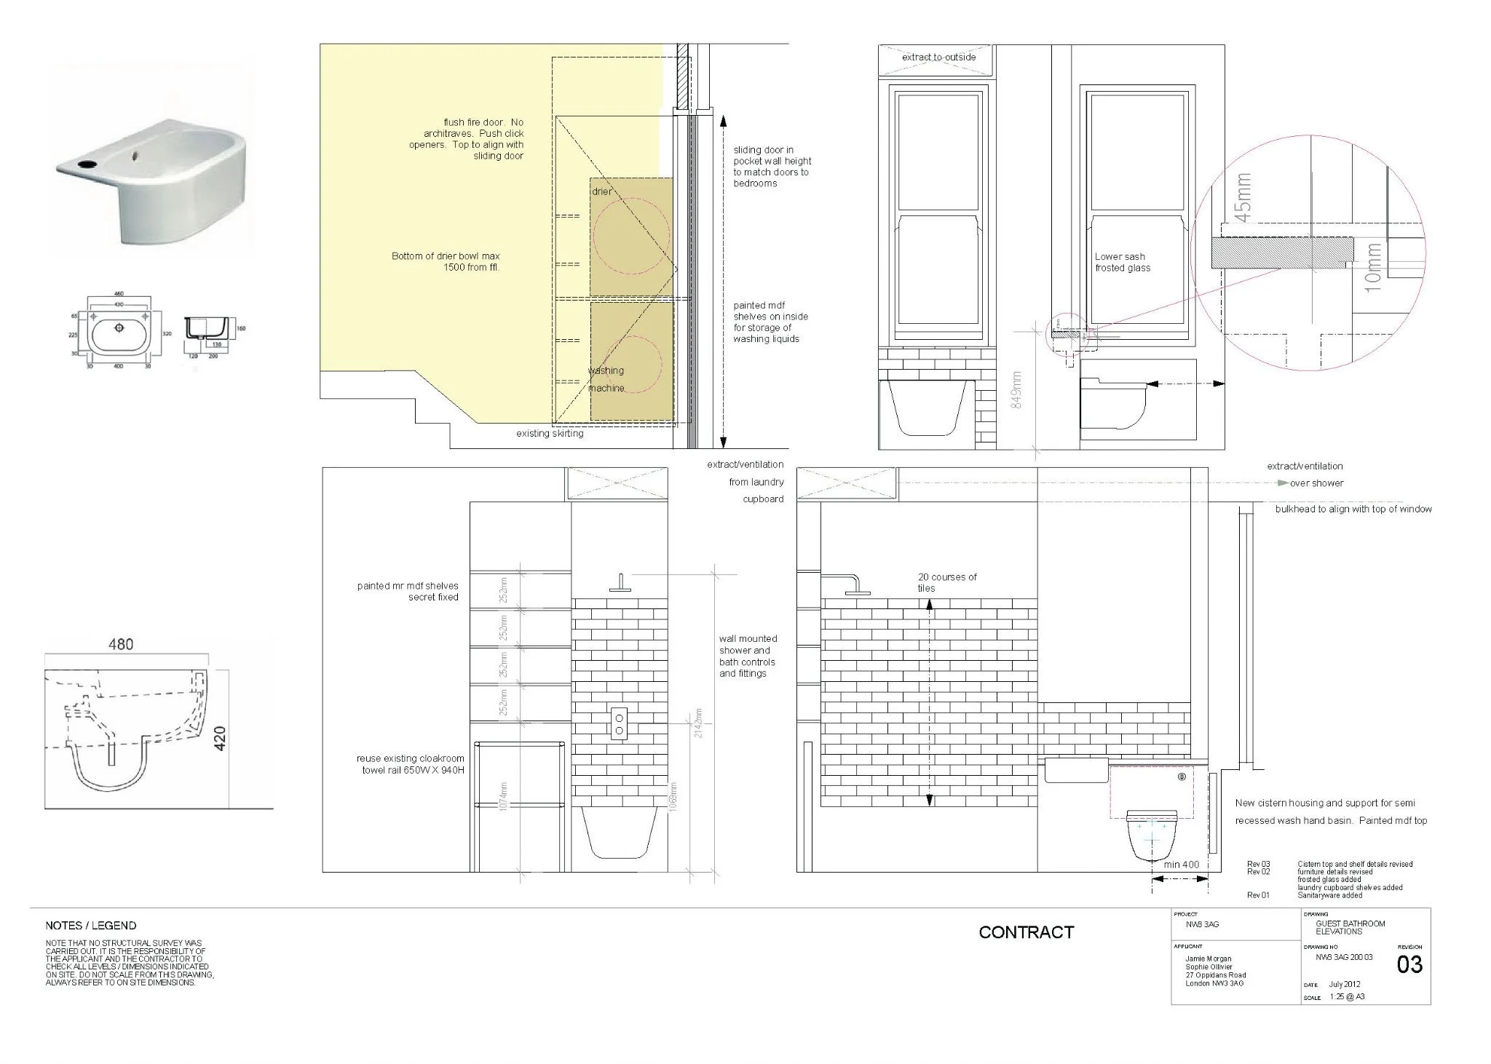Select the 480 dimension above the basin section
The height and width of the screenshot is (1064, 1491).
point(121,644)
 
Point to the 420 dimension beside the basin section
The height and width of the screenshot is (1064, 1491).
point(221,739)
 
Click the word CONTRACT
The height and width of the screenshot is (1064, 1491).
point(1026,932)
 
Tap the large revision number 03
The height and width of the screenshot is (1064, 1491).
point(1409,965)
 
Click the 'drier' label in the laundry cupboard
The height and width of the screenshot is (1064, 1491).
point(601,191)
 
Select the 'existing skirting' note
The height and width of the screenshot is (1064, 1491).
point(550,434)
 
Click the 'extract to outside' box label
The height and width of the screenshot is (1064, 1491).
point(938,57)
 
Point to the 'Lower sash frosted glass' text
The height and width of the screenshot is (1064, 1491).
point(1122,262)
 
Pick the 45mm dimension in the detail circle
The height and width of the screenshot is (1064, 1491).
point(1243,197)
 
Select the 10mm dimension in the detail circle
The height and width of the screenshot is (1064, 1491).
point(1372,268)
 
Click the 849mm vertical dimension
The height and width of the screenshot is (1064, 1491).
point(1017,389)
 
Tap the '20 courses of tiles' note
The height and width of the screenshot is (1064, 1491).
point(946,582)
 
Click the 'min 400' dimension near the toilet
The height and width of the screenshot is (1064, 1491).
point(1181,865)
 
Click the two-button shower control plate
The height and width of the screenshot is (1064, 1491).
point(620,723)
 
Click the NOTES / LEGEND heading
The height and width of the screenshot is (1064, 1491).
point(90,926)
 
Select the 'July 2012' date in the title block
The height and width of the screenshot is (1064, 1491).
point(1344,985)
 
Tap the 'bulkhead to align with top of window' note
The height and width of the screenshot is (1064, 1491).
point(1353,509)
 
